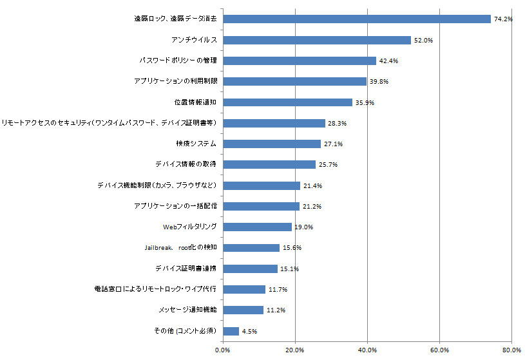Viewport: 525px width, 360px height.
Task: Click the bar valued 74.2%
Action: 357,19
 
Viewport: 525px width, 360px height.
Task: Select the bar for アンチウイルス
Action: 317,40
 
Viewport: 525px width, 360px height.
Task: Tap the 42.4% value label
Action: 388,61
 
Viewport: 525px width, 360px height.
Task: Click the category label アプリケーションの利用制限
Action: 175,81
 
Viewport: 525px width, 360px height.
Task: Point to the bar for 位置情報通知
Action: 287,102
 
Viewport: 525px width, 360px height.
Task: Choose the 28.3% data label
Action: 338,123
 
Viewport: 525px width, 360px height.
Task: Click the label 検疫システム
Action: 195,144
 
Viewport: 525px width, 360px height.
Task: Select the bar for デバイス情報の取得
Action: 269,164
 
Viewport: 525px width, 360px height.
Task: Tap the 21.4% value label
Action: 312,185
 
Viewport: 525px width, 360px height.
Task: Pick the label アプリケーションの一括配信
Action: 175,206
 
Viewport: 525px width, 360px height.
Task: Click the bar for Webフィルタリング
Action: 257,227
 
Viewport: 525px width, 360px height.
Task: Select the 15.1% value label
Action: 290,269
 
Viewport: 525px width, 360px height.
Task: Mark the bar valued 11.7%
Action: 244,289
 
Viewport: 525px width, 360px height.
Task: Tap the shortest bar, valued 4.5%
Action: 231,331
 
